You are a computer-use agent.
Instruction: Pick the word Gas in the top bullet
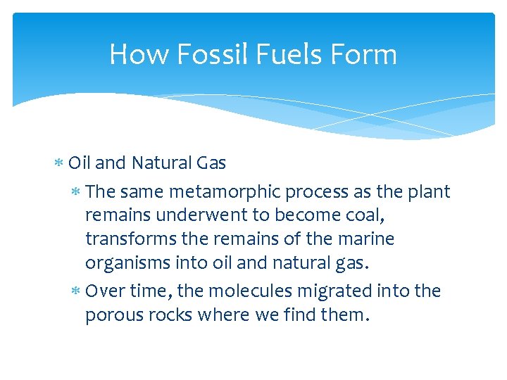[211, 163]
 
